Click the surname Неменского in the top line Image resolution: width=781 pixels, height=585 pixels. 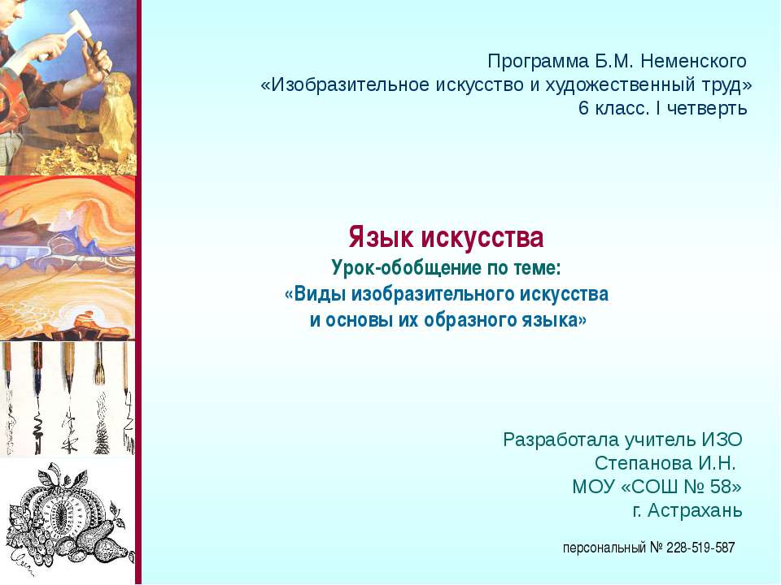click(x=693, y=62)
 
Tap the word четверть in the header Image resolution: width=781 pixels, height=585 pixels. click(x=707, y=108)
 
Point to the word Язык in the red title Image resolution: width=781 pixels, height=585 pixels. click(x=381, y=237)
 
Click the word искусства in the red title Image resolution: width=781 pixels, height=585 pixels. click(x=482, y=237)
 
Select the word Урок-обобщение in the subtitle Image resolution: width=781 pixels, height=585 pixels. click(x=407, y=269)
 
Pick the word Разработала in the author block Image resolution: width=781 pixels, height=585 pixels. click(x=560, y=440)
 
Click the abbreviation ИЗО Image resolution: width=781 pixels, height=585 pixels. click(x=722, y=440)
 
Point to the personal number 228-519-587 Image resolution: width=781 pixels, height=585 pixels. click(x=700, y=548)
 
